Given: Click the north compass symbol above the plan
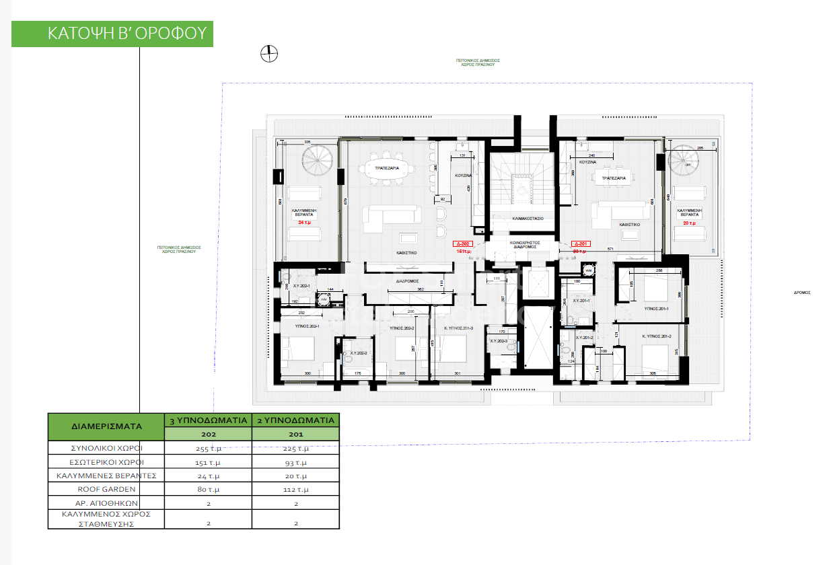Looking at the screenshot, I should pos(269,53).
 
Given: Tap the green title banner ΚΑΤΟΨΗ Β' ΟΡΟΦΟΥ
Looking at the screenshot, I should pos(112,34).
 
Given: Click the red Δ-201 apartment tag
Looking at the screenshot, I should pos(581,244).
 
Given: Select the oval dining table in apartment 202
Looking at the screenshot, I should pos(387,174).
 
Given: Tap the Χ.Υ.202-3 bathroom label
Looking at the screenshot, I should pos(499,341).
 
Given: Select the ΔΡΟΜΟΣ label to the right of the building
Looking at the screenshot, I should pos(801,293).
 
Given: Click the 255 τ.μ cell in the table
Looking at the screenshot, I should pos(209,448).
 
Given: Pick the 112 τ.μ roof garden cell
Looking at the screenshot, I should pos(295,489).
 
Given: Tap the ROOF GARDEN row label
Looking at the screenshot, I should pos(106,489).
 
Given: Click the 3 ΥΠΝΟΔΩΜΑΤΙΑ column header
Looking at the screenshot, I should pos(209,420).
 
